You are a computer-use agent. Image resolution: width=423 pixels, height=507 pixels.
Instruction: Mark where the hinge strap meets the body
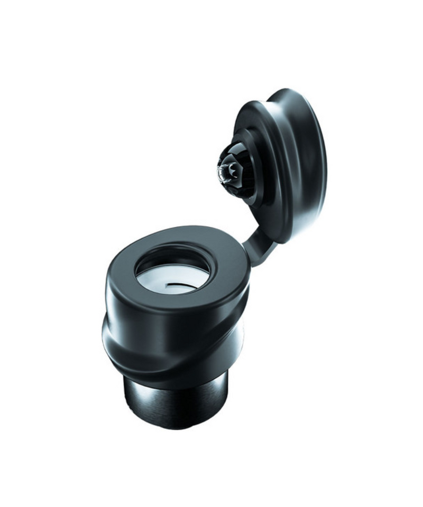click(x=249, y=259)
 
